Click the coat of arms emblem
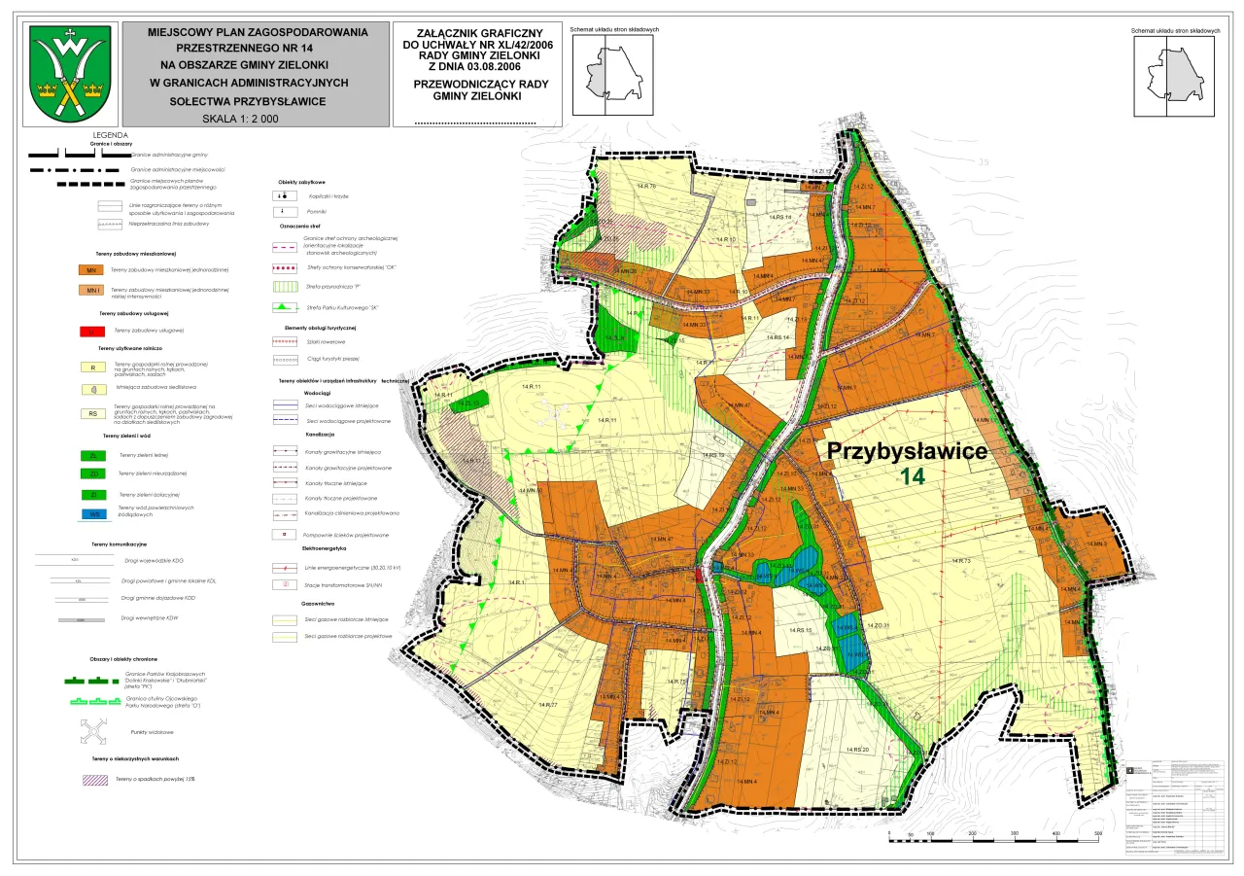[x=69, y=73]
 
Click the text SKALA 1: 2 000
[x=240, y=119]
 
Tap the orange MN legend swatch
[x=90, y=269]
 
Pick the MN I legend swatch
[x=90, y=291]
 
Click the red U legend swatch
[x=90, y=331]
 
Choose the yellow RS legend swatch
[x=90, y=413]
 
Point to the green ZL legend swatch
[x=90, y=454]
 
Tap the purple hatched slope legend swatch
[x=94, y=779]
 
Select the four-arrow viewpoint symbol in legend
[x=95, y=730]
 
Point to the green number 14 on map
[x=913, y=476]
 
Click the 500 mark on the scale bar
[x=1097, y=834]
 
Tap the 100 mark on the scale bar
[x=931, y=834]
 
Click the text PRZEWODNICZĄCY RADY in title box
[x=480, y=85]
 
